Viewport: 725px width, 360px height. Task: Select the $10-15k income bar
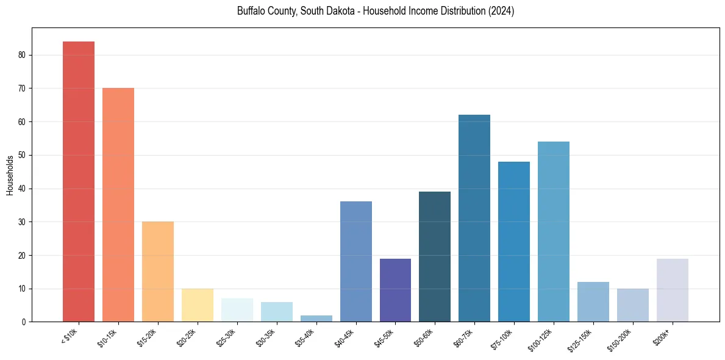pos(118,204)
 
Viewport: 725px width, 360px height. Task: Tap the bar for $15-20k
pos(157,272)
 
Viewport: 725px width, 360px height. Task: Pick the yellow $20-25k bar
pos(197,305)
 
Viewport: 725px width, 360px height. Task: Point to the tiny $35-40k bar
pos(316,319)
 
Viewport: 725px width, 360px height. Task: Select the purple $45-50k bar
pos(395,290)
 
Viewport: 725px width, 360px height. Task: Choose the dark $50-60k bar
pos(435,256)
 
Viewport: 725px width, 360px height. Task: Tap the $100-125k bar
pos(554,231)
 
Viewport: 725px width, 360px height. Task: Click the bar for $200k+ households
pos(673,290)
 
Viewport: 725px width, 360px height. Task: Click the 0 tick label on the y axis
pos(23,322)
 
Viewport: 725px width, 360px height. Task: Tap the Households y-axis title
pos(10,175)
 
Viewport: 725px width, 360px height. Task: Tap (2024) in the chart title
pos(501,11)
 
